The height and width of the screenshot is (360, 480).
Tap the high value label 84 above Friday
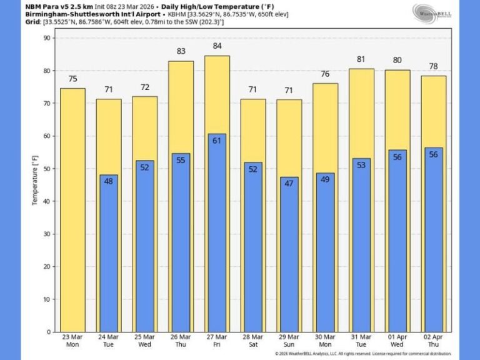click(217, 46)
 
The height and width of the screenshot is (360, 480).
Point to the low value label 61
click(217, 141)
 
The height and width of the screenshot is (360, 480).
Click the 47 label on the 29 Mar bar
click(289, 184)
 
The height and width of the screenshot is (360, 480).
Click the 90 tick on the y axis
click(46, 38)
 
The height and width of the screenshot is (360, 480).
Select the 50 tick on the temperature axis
click(46, 169)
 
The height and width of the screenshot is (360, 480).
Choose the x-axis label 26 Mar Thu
click(181, 341)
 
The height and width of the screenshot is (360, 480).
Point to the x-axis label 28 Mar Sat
click(253, 341)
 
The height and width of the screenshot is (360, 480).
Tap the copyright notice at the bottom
click(362, 354)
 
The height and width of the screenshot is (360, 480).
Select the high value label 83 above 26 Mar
click(181, 51)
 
